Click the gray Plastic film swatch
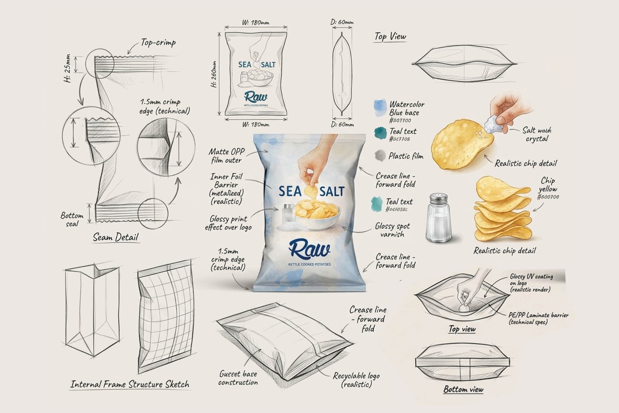coord(380,155)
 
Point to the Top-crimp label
coord(158,43)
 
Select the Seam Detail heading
coord(116,237)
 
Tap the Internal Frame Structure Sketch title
coord(130,384)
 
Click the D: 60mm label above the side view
coord(342,22)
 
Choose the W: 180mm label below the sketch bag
coord(256,124)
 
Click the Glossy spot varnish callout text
coord(392,230)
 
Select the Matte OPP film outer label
coord(226,156)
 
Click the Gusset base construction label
coord(238,378)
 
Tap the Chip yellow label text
coord(548,185)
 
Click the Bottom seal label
coord(72,219)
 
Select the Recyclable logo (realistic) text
coord(356,380)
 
